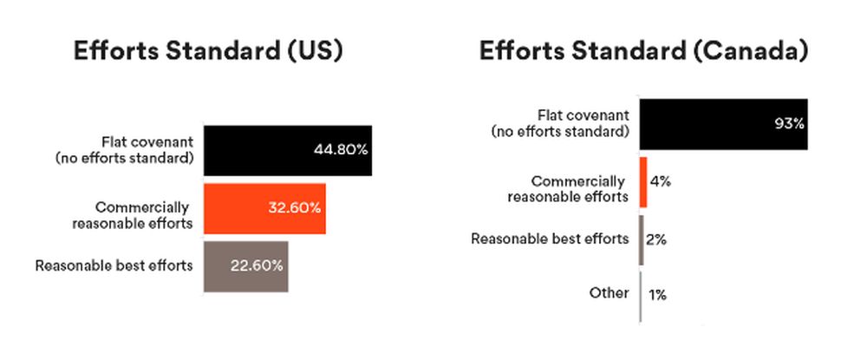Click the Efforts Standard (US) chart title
[x=208, y=51]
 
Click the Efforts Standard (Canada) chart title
[x=643, y=51]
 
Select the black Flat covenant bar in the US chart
[x=288, y=150]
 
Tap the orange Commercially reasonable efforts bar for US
[x=264, y=208]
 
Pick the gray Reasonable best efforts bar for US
[x=246, y=266]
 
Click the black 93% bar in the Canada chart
[x=724, y=124]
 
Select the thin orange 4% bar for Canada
[x=643, y=182]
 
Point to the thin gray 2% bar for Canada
[x=642, y=240]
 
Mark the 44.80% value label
[x=340, y=150]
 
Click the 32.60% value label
[x=294, y=208]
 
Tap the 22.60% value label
[x=257, y=265]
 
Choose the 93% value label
[x=789, y=124]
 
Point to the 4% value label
[x=660, y=181]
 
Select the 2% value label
[x=656, y=239]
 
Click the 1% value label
[x=657, y=295]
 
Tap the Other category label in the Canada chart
[x=610, y=292]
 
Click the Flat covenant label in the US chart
[x=124, y=150]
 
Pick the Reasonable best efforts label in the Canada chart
[x=551, y=239]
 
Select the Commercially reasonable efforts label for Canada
[x=569, y=188]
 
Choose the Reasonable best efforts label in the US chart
[x=114, y=265]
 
